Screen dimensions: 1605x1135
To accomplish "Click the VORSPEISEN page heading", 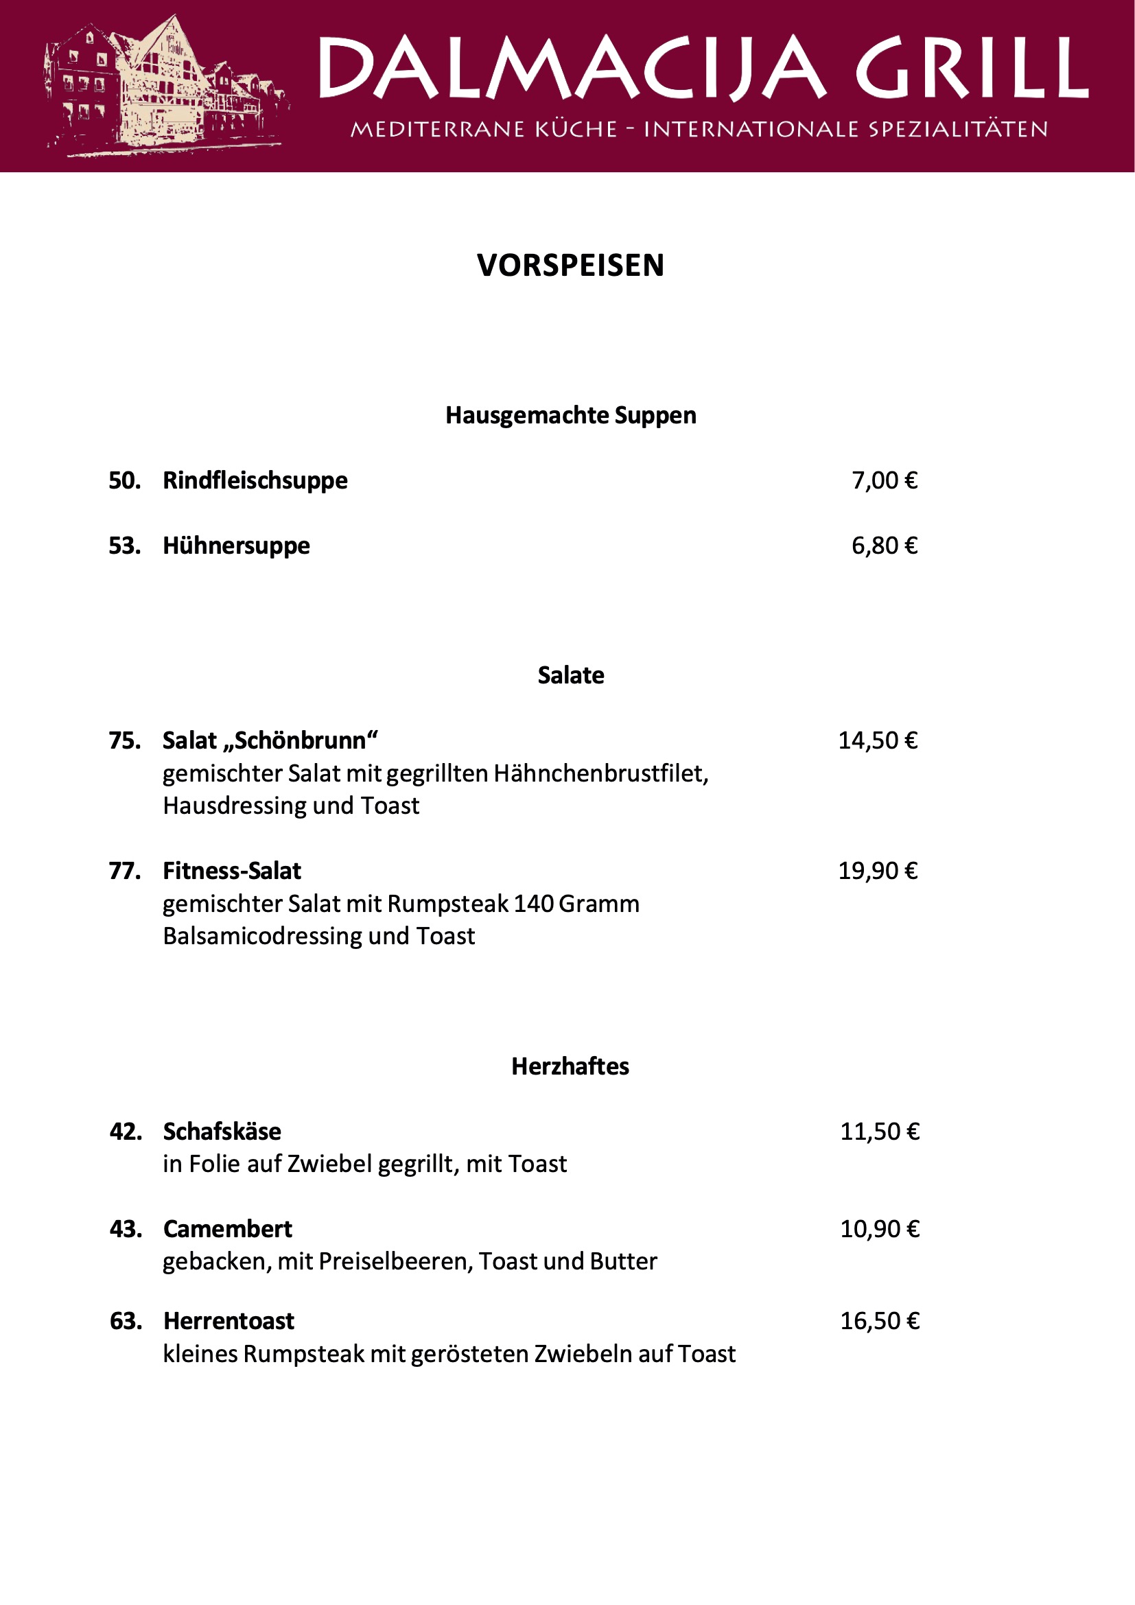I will pyautogui.click(x=570, y=266).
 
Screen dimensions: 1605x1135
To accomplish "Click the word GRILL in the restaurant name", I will pyautogui.click(x=972, y=68).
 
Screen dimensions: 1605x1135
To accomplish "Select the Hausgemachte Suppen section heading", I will pyautogui.click(x=570, y=415).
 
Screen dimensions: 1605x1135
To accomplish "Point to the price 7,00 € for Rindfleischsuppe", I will pyautogui.click(x=884, y=481).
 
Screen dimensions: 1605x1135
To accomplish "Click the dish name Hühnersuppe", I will pyautogui.click(x=236, y=546).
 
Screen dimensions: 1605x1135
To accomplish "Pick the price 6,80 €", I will pyautogui.click(x=884, y=546).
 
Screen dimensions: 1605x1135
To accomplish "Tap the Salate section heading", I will pyautogui.click(x=570, y=675).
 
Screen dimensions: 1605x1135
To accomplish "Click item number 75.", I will pyautogui.click(x=124, y=741).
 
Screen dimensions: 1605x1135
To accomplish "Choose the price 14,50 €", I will pyautogui.click(x=878, y=741).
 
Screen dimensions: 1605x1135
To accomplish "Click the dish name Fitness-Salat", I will pyautogui.click(x=232, y=871).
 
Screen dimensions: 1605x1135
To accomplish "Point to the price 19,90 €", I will pyautogui.click(x=878, y=871).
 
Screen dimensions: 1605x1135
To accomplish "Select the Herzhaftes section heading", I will pyautogui.click(x=570, y=1067).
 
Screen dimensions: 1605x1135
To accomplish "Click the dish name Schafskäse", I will pyautogui.click(x=222, y=1132).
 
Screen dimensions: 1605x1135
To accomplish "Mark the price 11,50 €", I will pyautogui.click(x=879, y=1132).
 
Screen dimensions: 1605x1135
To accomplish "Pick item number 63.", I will pyautogui.click(x=126, y=1321).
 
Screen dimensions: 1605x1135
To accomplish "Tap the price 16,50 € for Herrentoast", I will pyautogui.click(x=879, y=1321).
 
